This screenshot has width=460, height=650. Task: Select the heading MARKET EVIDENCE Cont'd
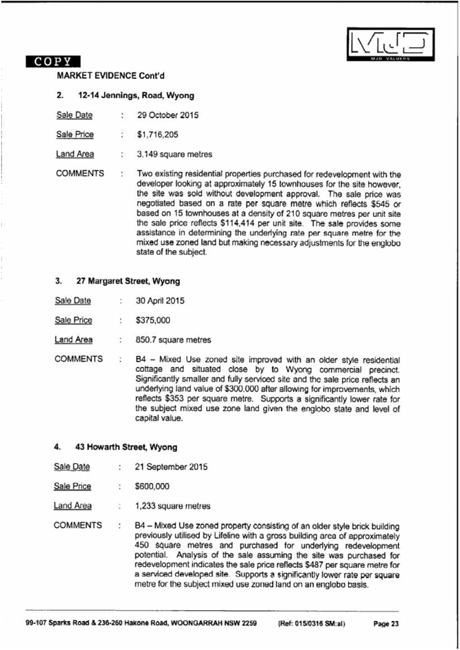point(111,74)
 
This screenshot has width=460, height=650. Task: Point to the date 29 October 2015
point(168,115)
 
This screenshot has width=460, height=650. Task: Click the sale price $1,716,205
point(157,135)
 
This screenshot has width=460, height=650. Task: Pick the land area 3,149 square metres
point(174,154)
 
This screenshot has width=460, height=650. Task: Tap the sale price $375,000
point(154,320)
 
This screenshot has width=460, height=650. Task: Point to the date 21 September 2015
point(172,467)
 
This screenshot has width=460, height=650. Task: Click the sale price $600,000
point(153,487)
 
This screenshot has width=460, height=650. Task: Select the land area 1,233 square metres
point(173,507)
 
